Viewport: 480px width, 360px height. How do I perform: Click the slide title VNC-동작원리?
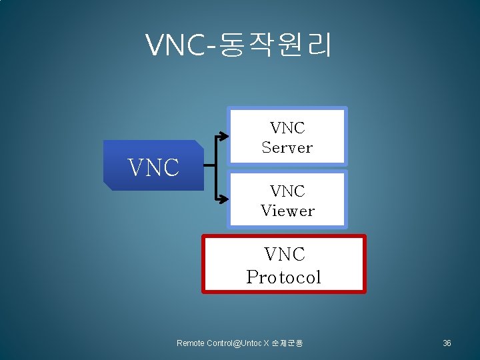click(x=239, y=45)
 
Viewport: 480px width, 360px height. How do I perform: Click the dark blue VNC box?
click(x=153, y=165)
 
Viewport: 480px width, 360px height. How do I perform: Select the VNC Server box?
click(x=287, y=136)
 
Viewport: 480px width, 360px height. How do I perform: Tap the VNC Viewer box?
click(x=287, y=199)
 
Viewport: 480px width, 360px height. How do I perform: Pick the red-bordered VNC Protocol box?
click(x=284, y=264)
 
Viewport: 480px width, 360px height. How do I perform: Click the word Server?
click(x=287, y=147)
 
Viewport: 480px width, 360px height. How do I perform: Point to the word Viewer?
click(x=287, y=211)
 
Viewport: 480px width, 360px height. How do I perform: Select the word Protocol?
click(x=284, y=277)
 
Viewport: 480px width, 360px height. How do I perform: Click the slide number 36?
click(x=447, y=343)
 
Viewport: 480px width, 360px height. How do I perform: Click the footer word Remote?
click(x=191, y=343)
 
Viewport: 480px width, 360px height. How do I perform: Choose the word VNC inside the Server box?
click(x=287, y=127)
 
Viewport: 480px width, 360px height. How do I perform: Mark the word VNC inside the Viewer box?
click(x=287, y=191)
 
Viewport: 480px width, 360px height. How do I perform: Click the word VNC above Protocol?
click(x=284, y=254)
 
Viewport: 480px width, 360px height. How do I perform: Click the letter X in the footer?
click(x=266, y=343)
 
